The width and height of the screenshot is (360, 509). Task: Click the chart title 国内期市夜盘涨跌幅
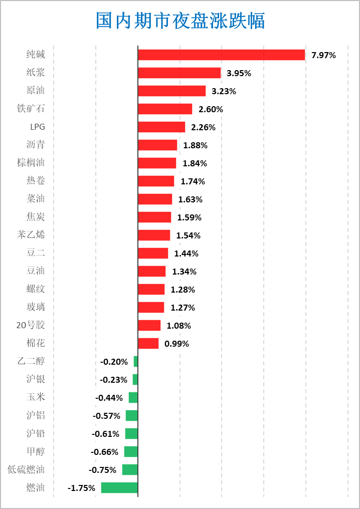181,22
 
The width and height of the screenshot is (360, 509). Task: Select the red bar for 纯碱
221,55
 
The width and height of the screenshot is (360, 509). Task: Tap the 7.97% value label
323,55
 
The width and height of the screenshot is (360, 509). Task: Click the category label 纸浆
36,73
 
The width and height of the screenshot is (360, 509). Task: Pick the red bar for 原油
171,91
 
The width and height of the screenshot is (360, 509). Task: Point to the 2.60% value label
211,109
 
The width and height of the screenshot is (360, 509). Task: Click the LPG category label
38,127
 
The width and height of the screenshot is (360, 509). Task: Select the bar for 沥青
157,145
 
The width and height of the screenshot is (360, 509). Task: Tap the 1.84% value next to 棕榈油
195,163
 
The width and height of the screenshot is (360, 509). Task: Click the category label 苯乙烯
31,235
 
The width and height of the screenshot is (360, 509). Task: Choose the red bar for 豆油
151,271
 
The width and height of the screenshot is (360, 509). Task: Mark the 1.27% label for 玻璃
183,308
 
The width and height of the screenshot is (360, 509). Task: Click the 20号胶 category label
31,325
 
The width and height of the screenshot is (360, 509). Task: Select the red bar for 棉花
148,343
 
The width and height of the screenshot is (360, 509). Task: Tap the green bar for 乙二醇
135,361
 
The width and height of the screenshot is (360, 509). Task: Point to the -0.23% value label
113,380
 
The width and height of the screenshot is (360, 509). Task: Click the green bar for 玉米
133,397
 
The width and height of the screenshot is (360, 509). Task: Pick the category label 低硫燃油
26,469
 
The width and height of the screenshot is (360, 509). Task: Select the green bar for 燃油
119,487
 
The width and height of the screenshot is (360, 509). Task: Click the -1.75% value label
81,488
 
